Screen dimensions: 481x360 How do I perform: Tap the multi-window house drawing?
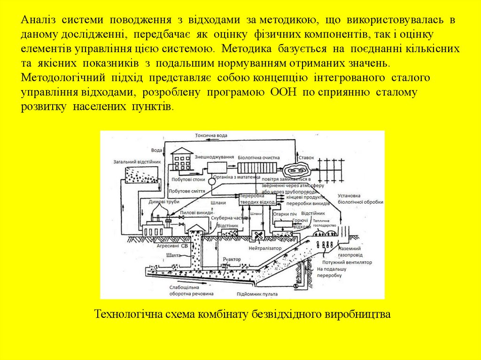(182, 160)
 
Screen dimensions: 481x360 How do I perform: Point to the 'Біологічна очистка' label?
(259, 158)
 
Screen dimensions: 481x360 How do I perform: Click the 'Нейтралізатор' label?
(265, 248)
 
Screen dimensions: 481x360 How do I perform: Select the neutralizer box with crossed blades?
(257, 235)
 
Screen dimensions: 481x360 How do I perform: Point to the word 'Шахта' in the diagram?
(173, 255)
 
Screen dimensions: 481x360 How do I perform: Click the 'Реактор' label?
(232, 259)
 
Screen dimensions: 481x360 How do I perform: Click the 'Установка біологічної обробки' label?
(360, 199)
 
